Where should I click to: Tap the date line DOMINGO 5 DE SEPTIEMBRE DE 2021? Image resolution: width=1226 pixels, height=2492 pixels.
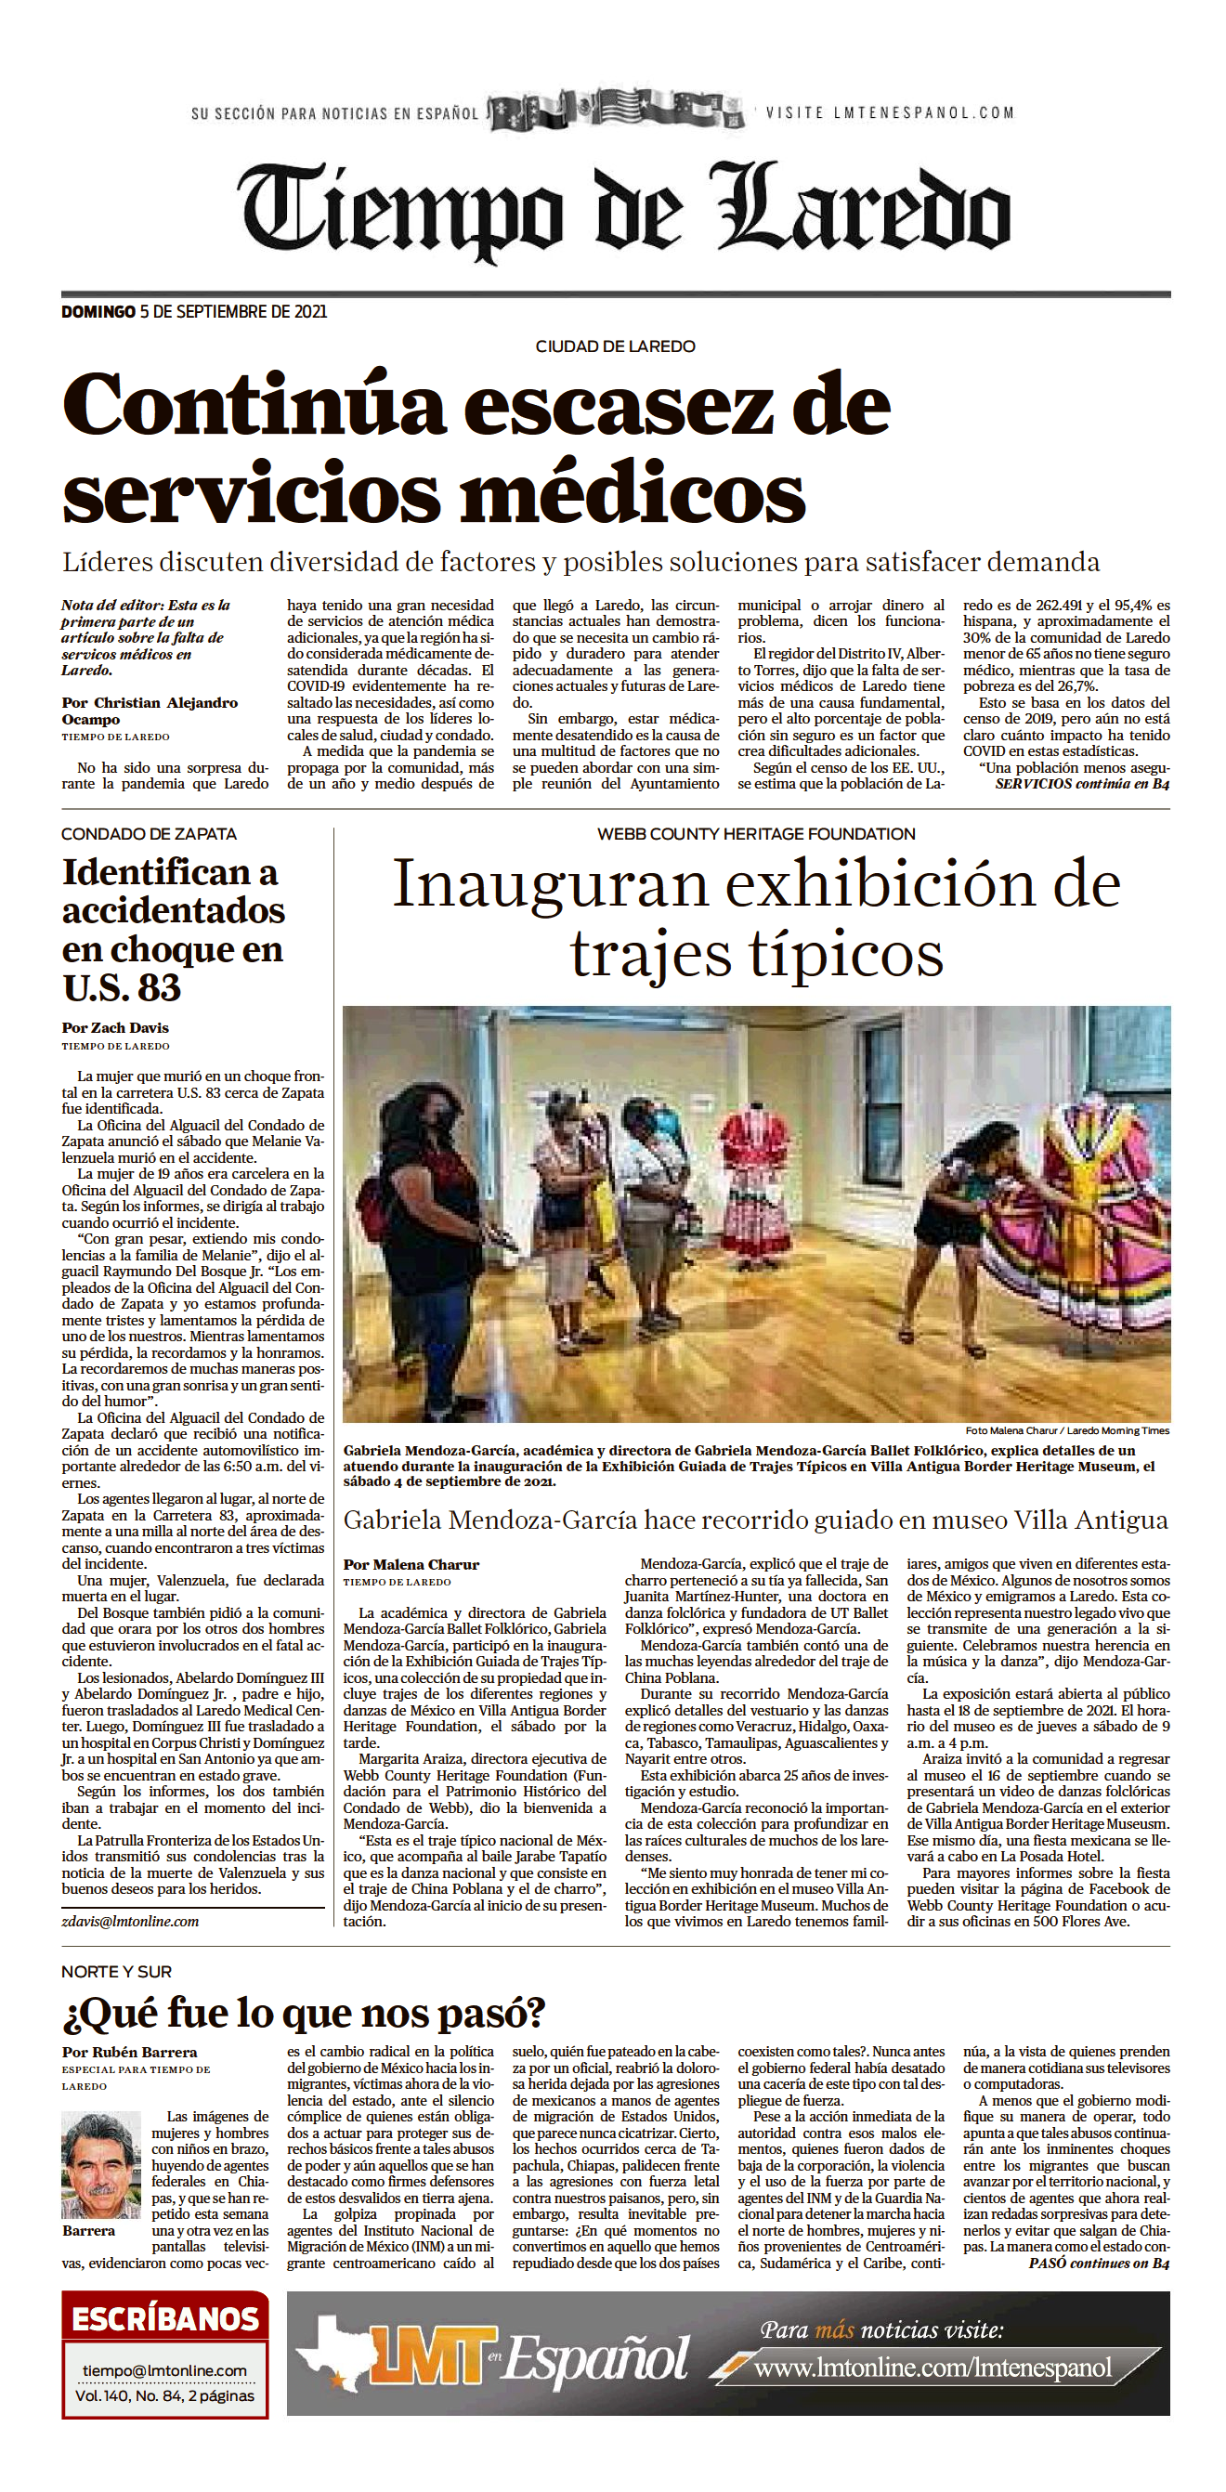[193, 311]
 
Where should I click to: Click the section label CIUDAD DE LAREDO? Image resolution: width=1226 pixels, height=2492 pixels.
[615, 346]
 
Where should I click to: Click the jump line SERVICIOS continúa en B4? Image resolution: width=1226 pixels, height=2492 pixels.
[1081, 784]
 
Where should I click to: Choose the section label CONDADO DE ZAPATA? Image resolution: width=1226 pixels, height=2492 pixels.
[148, 834]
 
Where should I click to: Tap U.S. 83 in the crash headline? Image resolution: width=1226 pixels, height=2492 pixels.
[122, 987]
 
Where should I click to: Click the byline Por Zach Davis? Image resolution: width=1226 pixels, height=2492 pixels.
[115, 1027]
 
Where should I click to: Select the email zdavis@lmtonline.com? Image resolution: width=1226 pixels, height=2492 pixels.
[131, 1921]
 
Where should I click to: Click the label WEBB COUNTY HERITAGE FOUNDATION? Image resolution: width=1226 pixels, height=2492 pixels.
[756, 834]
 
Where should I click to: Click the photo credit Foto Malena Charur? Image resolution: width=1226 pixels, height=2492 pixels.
[1066, 1429]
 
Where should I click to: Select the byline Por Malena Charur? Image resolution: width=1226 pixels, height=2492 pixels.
[411, 1564]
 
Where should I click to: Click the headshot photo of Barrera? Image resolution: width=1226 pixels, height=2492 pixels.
[99, 2166]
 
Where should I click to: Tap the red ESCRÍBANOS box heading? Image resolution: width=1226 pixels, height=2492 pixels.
[164, 2318]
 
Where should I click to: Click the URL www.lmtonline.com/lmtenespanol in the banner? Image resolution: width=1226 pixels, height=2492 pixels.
[933, 2368]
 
